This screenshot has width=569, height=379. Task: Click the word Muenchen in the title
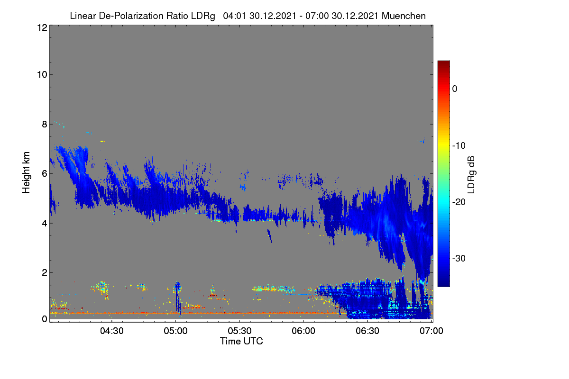(x=404, y=16)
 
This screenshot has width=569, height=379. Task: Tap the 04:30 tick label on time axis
(x=111, y=331)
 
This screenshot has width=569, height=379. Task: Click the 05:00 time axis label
(x=175, y=331)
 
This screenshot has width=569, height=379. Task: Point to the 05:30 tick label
(x=239, y=331)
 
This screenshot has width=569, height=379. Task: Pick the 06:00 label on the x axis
(x=303, y=331)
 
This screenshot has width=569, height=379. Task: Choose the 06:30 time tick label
(x=367, y=331)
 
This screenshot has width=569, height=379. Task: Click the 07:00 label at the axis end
(x=431, y=331)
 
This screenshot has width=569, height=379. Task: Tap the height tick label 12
(x=42, y=27)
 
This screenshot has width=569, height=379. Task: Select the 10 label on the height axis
(x=42, y=75)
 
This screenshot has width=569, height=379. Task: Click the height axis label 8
(x=45, y=124)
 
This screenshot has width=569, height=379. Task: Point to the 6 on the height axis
(x=45, y=174)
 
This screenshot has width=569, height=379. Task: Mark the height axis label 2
(x=45, y=272)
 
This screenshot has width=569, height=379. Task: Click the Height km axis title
(x=26, y=172)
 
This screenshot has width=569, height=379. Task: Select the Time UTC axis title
(x=241, y=341)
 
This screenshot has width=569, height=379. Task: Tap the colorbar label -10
(x=459, y=146)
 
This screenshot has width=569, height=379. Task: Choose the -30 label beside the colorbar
(x=459, y=258)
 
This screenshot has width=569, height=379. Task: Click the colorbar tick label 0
(x=455, y=89)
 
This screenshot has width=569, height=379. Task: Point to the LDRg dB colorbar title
(x=471, y=175)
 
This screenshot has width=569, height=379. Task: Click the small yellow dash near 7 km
(x=102, y=141)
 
